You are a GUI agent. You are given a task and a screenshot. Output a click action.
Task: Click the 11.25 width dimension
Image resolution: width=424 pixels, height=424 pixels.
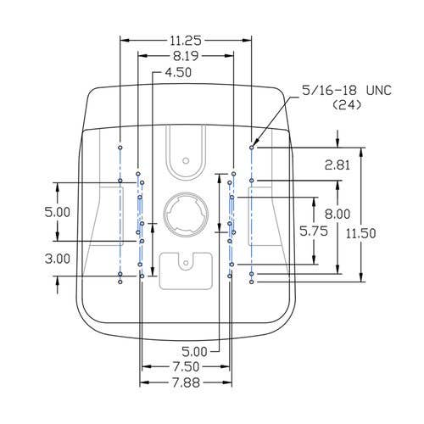tap(186, 41)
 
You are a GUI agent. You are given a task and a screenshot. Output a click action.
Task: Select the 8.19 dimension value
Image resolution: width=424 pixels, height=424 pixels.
tap(186, 56)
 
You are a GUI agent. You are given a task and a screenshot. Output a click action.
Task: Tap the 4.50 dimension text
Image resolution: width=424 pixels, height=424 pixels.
tap(178, 72)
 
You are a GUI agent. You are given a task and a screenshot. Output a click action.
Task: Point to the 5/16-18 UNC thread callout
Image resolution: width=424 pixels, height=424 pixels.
tap(347, 91)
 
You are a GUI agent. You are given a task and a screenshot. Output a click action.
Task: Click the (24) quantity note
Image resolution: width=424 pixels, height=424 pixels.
tap(347, 105)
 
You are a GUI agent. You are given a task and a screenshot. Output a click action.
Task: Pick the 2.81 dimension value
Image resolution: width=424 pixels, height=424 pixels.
tap(338, 165)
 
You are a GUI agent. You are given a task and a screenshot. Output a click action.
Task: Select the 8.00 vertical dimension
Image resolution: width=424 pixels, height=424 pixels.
tap(338, 215)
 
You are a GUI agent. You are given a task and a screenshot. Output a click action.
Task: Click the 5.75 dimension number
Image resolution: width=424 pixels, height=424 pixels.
tap(314, 232)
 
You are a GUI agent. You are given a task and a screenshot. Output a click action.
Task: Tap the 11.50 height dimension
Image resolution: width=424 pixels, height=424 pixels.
tap(361, 233)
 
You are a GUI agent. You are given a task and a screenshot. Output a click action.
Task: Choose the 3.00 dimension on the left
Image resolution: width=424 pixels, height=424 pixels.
tap(58, 259)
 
